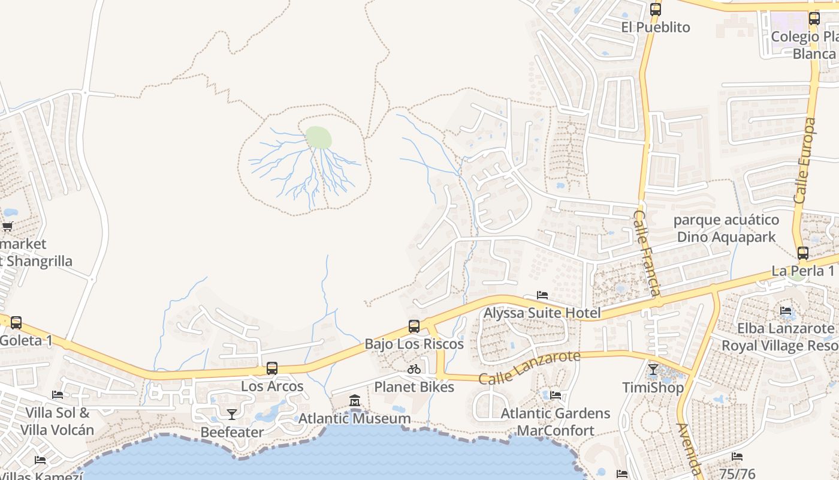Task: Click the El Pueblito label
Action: pyautogui.click(x=656, y=28)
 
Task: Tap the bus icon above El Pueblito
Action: pyautogui.click(x=656, y=10)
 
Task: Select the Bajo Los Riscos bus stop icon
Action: pyautogui.click(x=414, y=326)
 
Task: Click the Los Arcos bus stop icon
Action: pyautogui.click(x=272, y=368)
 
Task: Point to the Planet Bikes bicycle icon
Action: pyautogui.click(x=414, y=369)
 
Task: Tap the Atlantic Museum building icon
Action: pyautogui.click(x=355, y=400)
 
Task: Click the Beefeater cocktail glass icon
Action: pyautogui.click(x=231, y=414)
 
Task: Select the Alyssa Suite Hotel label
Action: pyautogui.click(x=542, y=313)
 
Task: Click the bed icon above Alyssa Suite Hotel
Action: pyautogui.click(x=542, y=295)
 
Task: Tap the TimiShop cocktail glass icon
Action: pyautogui.click(x=653, y=370)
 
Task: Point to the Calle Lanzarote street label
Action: pyautogui.click(x=530, y=367)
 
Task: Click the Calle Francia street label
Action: pyautogui.click(x=647, y=253)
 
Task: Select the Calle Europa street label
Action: pyautogui.click(x=804, y=161)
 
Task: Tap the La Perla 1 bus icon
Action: pyautogui.click(x=803, y=253)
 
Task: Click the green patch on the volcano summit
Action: pyautogui.click(x=318, y=137)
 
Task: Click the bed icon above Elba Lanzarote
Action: pyautogui.click(x=786, y=311)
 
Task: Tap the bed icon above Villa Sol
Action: pyautogui.click(x=58, y=395)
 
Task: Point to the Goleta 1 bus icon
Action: pyautogui.click(x=16, y=323)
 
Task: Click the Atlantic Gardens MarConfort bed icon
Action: pyautogui.click(x=556, y=395)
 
